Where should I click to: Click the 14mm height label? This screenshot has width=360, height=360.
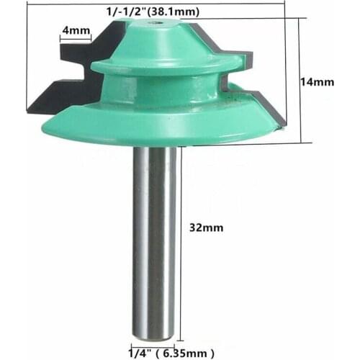317,82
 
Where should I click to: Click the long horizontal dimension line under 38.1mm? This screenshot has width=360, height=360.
158,19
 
